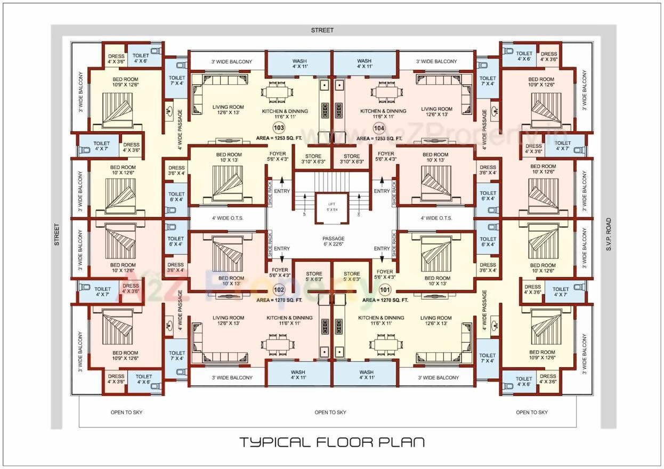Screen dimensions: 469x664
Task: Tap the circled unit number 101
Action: point(384,289)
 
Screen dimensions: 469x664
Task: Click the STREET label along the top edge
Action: point(322,30)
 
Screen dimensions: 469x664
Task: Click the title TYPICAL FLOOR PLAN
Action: point(331,442)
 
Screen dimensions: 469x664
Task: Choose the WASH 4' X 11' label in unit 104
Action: point(365,64)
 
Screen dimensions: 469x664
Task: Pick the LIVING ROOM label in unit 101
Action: point(435,321)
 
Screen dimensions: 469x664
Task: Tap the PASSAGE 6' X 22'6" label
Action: point(334,241)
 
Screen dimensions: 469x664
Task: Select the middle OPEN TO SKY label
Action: point(330,412)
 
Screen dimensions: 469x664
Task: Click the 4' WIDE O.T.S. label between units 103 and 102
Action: point(228,218)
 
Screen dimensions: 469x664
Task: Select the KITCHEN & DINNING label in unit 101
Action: point(381,321)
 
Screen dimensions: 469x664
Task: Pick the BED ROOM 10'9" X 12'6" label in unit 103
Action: point(125,82)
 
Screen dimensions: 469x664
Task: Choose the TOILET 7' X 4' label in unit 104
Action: point(488,80)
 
